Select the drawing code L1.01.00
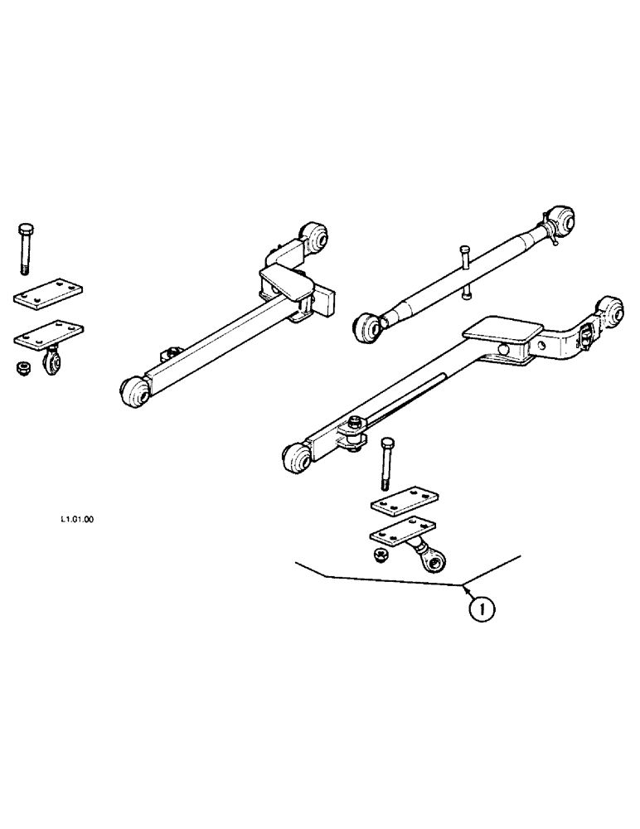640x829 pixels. point(76,521)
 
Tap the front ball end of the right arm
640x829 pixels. point(297,456)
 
